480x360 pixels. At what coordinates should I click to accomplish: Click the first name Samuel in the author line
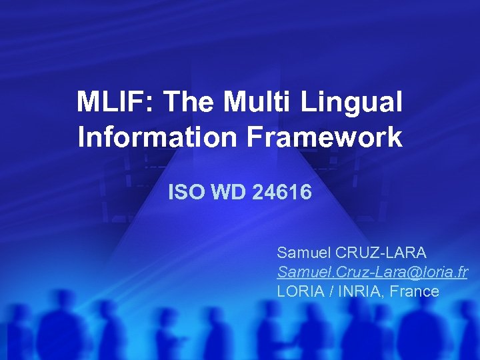click(x=303, y=253)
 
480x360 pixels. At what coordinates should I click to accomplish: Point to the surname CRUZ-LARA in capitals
click(x=381, y=253)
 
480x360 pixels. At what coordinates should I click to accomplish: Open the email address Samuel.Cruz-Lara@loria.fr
click(x=372, y=272)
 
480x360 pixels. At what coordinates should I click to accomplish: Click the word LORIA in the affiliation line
click(x=299, y=291)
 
